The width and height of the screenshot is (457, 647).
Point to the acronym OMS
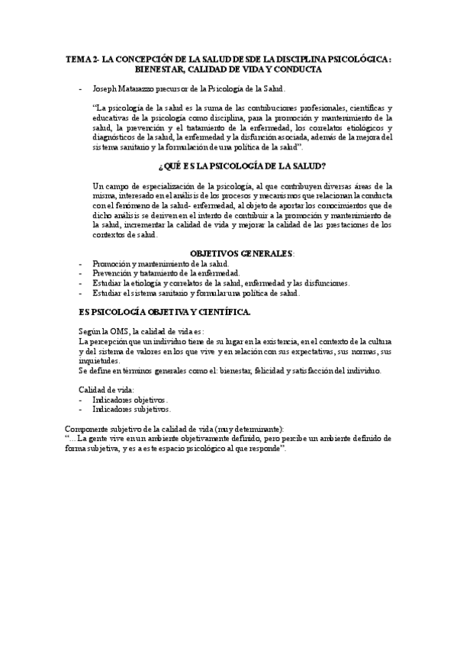(x=122, y=332)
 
